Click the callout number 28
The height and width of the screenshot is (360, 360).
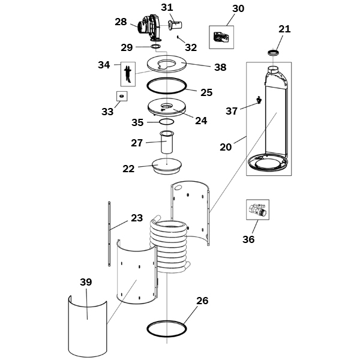pos(121,22)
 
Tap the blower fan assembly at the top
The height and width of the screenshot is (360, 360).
pos(149,28)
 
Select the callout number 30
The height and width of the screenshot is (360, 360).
pos(238,8)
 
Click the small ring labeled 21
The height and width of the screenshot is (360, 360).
pos(274,53)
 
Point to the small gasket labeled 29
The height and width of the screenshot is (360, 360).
pos(156,46)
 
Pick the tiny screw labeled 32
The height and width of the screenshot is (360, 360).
pos(178,37)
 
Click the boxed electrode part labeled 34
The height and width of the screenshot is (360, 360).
pos(128,74)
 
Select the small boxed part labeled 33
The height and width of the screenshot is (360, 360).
pos(122,96)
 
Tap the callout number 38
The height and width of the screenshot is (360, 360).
pos(220,67)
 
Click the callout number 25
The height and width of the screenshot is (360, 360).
pos(206,92)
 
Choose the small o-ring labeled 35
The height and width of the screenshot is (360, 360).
pos(167,122)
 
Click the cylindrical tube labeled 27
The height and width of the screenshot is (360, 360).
pos(167,142)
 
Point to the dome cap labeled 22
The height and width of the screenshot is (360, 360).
pos(167,166)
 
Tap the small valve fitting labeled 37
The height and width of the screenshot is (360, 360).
pos(259,100)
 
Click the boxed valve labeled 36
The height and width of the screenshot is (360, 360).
pos(257,209)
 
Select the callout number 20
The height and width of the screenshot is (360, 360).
pos(226,147)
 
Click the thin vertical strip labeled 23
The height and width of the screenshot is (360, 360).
pos(109,234)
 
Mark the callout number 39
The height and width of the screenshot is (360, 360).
pos(86,282)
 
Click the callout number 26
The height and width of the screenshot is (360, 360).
pos(202,301)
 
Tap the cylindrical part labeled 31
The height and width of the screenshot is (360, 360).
pos(175,25)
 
